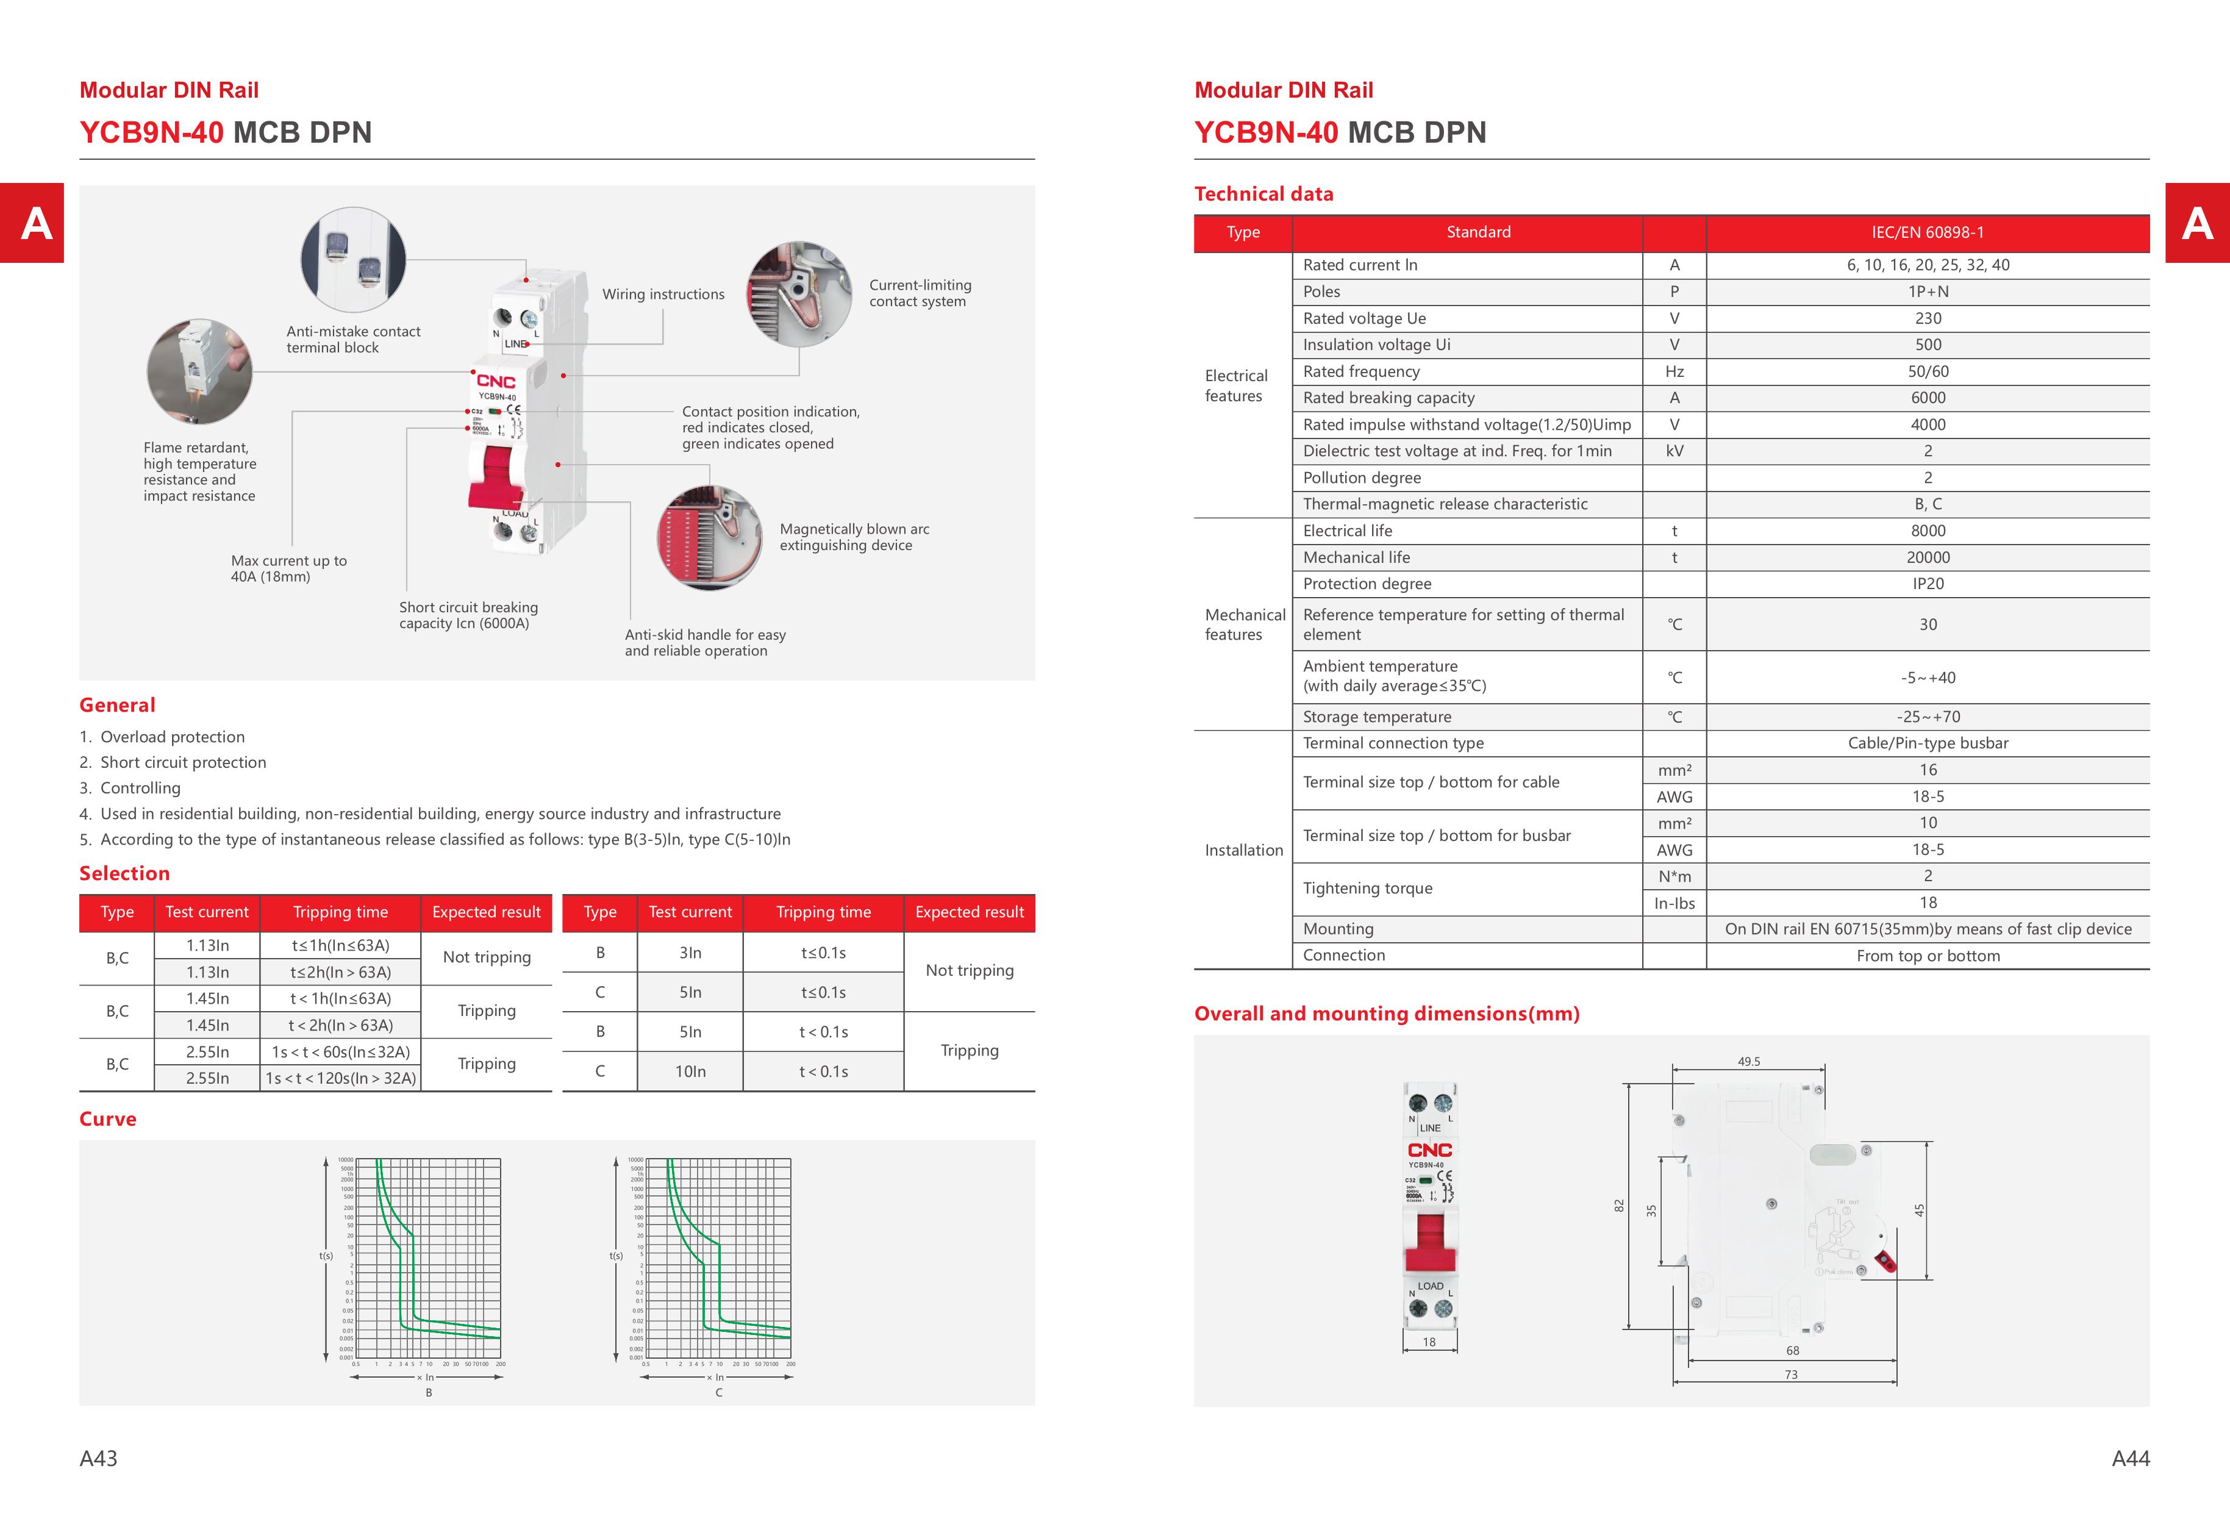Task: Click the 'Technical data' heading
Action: point(1263,194)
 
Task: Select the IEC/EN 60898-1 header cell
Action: point(1927,232)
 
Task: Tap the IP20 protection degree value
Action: point(1927,584)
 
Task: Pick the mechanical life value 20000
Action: point(1927,557)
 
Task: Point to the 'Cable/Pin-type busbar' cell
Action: point(1927,743)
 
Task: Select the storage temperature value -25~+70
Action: point(1927,717)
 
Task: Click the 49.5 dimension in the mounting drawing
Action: point(1748,1061)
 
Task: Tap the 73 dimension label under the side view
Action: point(1790,1374)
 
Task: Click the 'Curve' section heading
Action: point(107,1118)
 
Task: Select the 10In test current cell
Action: point(690,1071)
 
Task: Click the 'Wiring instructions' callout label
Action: point(663,295)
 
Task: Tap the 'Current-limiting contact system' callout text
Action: point(919,293)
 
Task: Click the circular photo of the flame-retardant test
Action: point(199,372)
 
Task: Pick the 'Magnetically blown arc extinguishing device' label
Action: point(854,537)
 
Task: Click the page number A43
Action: point(98,1458)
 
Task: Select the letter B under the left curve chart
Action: point(429,1392)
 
